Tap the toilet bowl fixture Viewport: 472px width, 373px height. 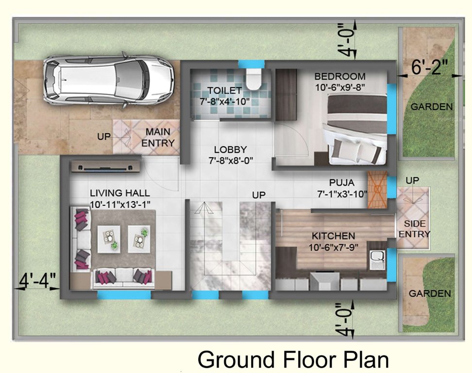tap(253, 79)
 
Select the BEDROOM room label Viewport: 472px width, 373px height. tap(339, 76)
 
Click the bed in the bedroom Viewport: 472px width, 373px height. tap(357, 129)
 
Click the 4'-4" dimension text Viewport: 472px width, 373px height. tap(38, 280)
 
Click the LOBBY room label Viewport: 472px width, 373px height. tap(231, 150)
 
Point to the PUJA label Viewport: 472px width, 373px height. tap(341, 183)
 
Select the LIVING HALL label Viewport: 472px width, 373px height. tap(119, 193)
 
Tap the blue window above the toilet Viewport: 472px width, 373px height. tap(251, 64)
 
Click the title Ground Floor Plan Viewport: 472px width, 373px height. tap(293, 360)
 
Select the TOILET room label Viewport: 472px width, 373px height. tap(224, 90)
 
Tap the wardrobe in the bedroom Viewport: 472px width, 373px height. tap(286, 95)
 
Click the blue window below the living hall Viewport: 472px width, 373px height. tap(124, 294)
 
